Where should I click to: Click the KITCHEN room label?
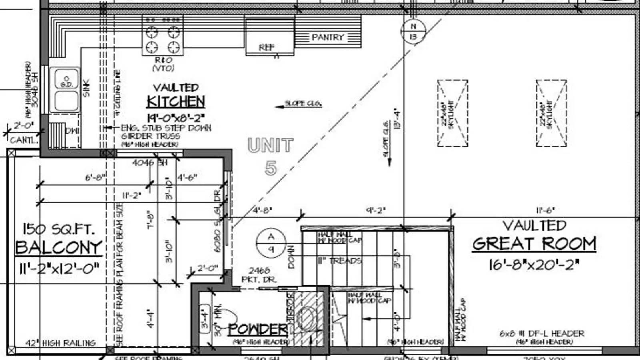[x=176, y=102]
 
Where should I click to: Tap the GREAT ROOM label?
[x=534, y=244]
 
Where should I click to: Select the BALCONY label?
[x=59, y=248]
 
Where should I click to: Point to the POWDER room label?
[x=258, y=329]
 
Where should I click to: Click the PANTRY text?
[x=328, y=37]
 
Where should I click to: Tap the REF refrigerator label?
[x=267, y=47]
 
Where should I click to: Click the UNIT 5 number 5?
[x=271, y=168]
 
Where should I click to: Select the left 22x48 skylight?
[x=452, y=113]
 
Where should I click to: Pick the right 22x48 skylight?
[x=551, y=113]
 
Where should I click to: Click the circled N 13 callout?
[x=414, y=31]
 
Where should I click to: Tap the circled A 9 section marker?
[x=271, y=243]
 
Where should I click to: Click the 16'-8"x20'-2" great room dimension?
[x=534, y=264]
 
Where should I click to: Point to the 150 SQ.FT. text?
[x=59, y=229]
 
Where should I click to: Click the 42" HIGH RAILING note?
[x=60, y=343]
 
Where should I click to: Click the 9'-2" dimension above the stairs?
[x=376, y=210]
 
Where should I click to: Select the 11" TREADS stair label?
[x=340, y=261]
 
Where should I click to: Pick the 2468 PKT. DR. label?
[x=259, y=275]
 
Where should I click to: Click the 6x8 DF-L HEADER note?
[x=542, y=333]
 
